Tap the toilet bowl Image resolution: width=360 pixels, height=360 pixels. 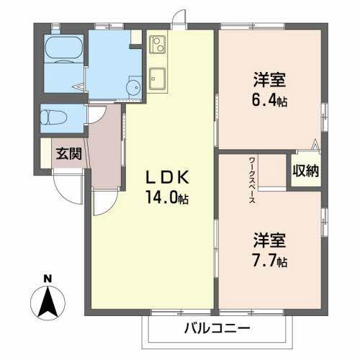55,117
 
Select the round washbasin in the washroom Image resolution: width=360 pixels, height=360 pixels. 133,89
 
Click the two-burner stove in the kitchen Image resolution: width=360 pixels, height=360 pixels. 158,45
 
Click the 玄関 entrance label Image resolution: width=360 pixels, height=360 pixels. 69,153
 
